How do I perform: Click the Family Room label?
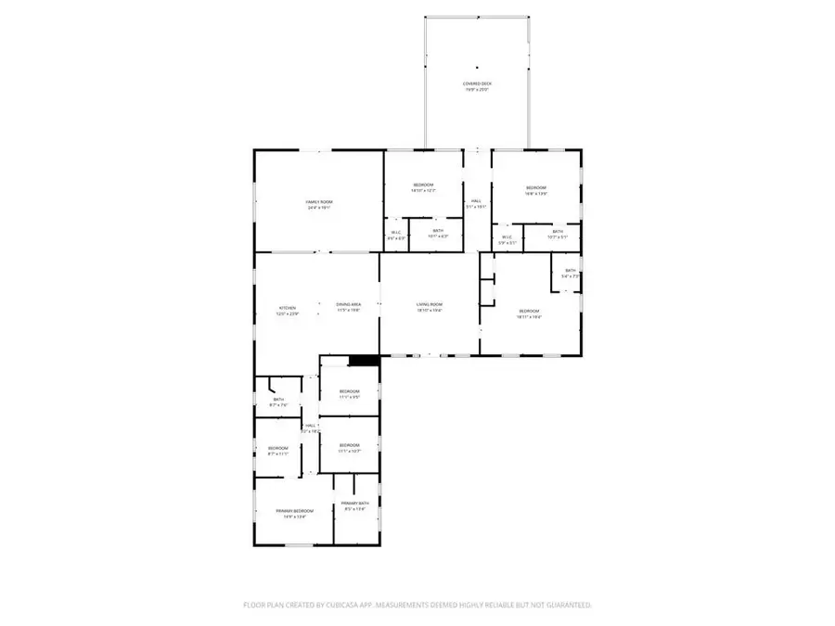pos(319,202)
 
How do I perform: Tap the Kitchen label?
pos(287,308)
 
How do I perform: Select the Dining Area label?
pos(349,305)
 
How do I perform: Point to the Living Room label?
pos(429,305)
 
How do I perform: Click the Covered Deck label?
pos(478,84)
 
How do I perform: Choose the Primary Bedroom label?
pos(294,511)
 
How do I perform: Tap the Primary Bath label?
pos(355,504)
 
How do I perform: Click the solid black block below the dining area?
pos(364,361)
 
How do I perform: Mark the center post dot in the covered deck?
pos(477,67)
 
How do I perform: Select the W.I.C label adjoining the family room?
pos(396,232)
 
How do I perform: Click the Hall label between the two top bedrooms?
pos(476,201)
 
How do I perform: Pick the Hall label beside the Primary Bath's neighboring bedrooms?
pos(312,426)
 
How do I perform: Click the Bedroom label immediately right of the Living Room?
pos(529,311)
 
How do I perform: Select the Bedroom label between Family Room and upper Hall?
pos(423,185)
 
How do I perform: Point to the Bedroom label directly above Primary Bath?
pos(349,445)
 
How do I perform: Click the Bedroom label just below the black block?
pos(349,391)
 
